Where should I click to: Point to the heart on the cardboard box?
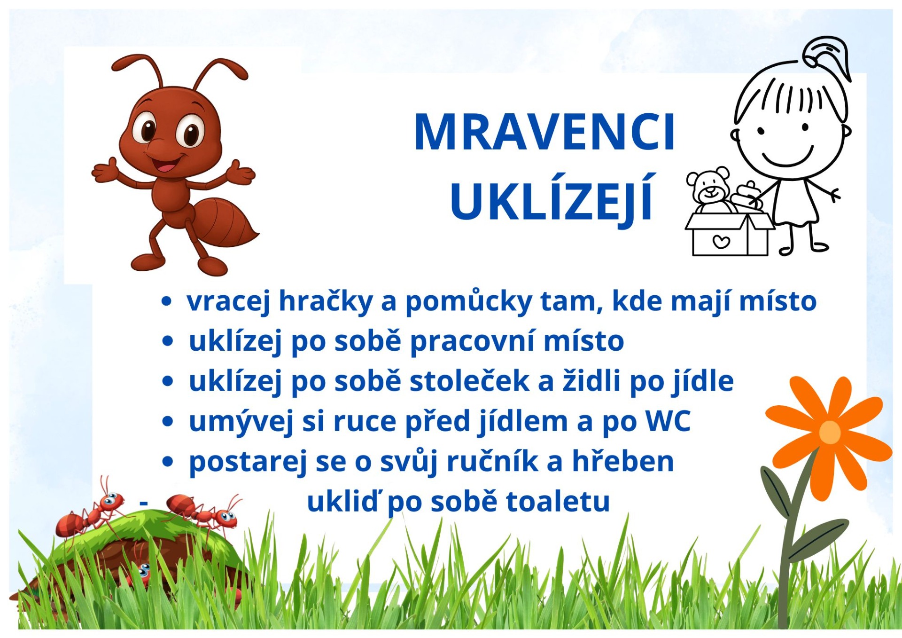tap(721, 242)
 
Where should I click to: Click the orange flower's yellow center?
tap(830, 432)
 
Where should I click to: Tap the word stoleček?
tap(469, 381)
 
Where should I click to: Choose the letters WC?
tap(668, 421)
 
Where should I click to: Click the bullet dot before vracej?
tap(166, 301)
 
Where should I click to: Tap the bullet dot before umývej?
tap(167, 421)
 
